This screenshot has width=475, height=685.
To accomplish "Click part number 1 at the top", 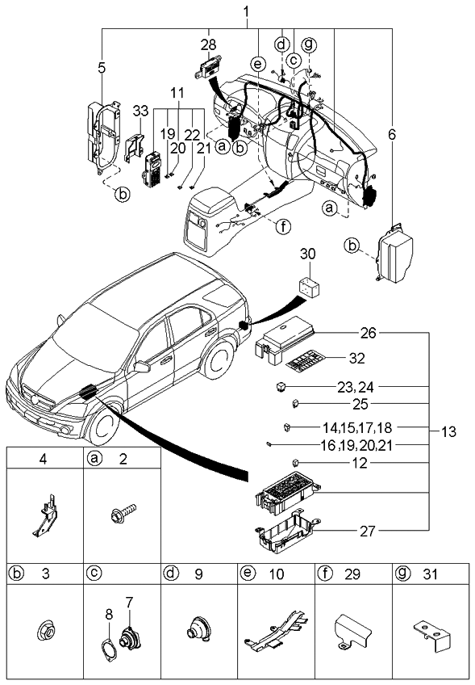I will (x=246, y=11).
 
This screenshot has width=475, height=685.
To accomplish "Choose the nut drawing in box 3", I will (x=44, y=630).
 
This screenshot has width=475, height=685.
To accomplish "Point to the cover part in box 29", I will (x=352, y=632).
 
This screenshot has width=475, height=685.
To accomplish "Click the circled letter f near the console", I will (x=282, y=227).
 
